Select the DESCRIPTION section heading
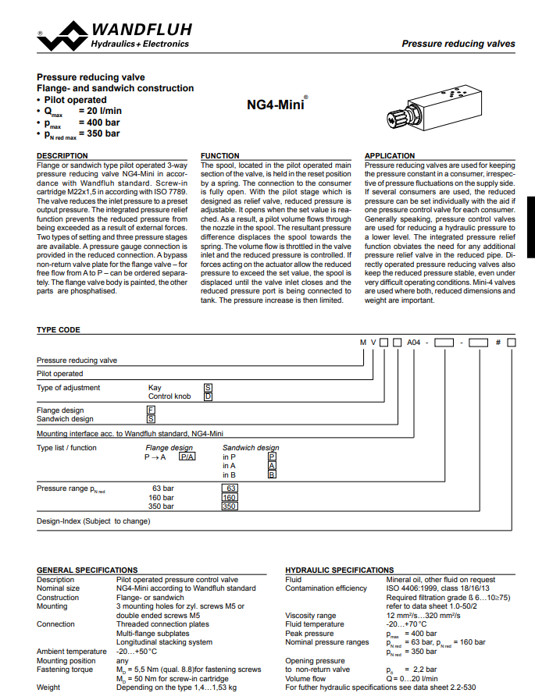point(62,156)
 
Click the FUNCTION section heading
point(220,156)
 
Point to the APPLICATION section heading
point(391,156)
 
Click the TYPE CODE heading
point(59,330)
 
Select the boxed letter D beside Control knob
point(208,396)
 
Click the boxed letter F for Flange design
point(151,410)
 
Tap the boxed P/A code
point(187,457)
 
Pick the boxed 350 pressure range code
point(229,506)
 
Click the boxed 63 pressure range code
point(230,489)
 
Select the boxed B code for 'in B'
point(272,474)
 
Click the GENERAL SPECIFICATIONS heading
point(87,570)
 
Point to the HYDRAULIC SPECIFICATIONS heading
point(340,570)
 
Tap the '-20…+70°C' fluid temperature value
point(408,624)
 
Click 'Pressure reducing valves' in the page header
point(458,44)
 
